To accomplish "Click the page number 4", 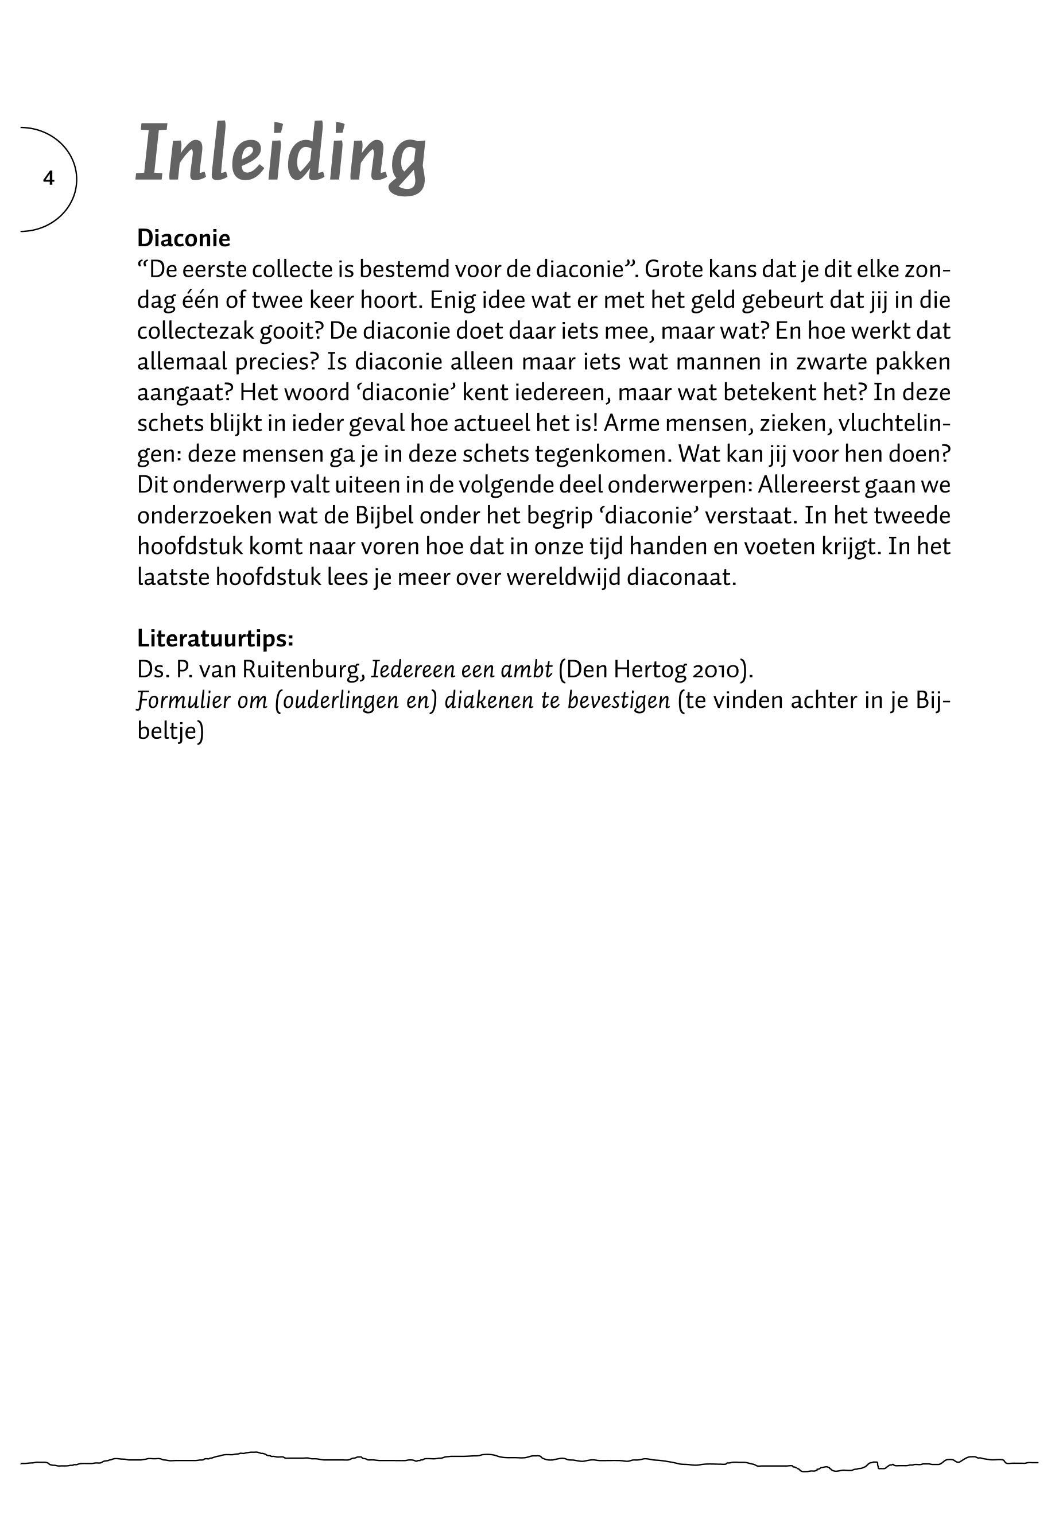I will tap(48, 178).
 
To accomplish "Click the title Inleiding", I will tap(281, 156).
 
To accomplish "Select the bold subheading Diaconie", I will tap(183, 238).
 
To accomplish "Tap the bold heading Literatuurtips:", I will tap(215, 638).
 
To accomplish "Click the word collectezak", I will tap(195, 331).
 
